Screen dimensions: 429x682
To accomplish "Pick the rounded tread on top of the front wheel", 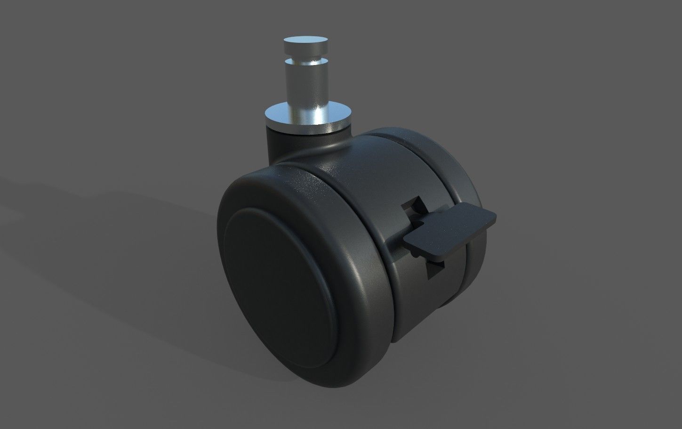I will coord(301,184).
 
